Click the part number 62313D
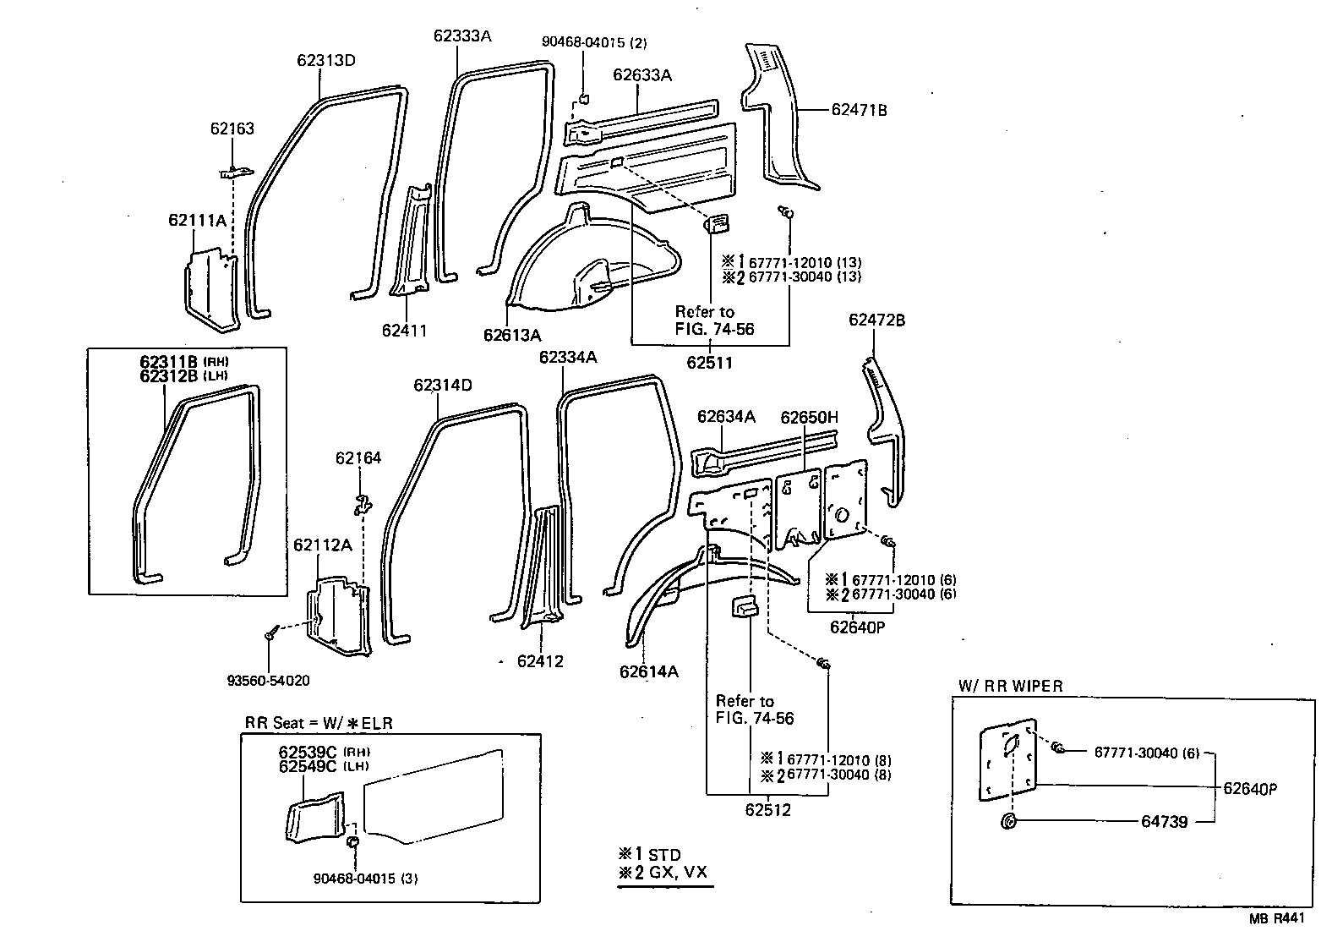click(325, 60)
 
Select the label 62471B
click(859, 109)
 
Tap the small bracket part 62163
click(237, 173)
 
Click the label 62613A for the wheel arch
click(511, 335)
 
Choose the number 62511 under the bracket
click(709, 363)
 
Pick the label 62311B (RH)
click(184, 361)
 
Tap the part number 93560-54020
click(268, 680)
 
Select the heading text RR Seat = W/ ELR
click(319, 723)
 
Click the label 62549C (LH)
click(325, 766)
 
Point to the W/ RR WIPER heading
click(1010, 686)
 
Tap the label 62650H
click(809, 418)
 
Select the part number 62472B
click(876, 320)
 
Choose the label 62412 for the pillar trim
click(540, 661)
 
